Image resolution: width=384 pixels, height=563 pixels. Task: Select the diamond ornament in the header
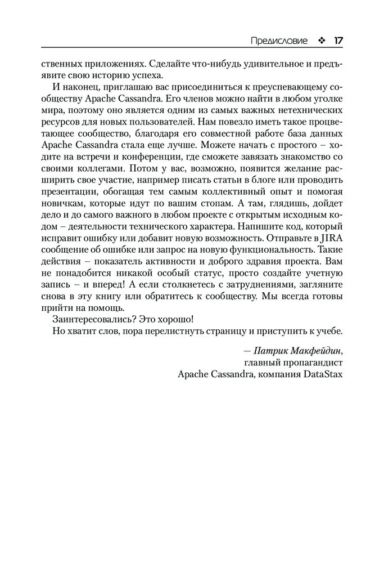[321, 41]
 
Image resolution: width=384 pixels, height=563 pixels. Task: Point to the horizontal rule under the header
[192, 48]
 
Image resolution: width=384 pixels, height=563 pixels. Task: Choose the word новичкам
[62, 205]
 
